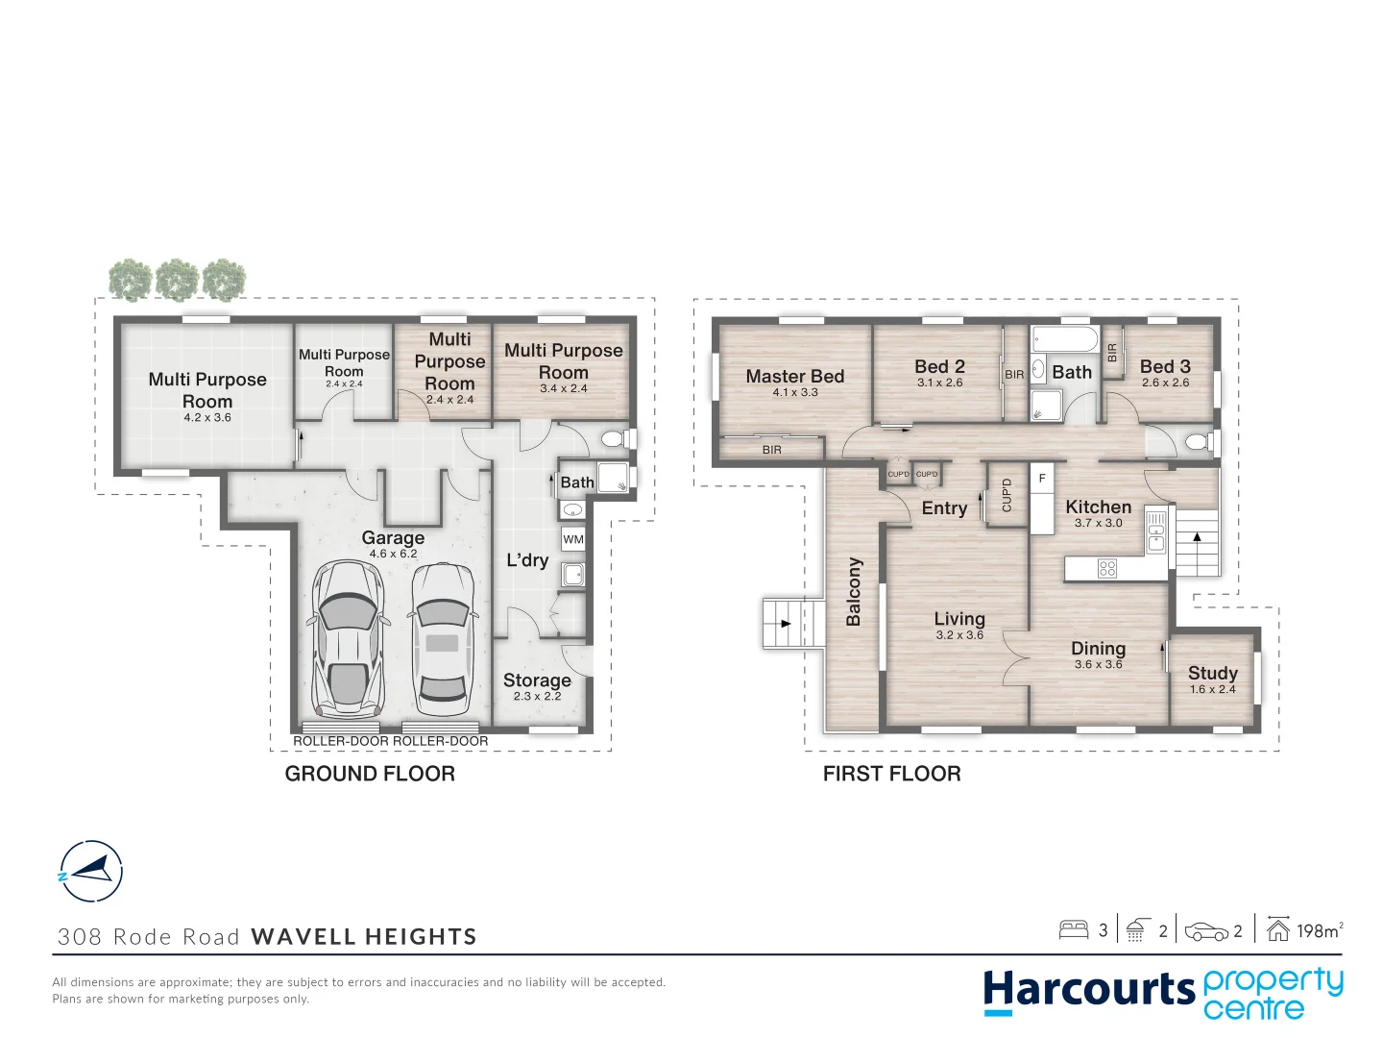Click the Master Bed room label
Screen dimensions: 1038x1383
(x=794, y=377)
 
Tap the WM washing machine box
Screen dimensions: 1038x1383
(x=573, y=539)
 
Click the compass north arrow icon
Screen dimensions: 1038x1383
(x=90, y=872)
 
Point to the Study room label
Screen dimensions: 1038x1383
(x=1212, y=674)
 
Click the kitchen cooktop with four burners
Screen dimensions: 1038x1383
(x=1106, y=569)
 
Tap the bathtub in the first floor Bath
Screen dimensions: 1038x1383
(x=1064, y=340)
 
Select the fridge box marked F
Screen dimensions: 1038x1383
(x=1042, y=479)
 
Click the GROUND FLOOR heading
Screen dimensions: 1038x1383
(x=370, y=774)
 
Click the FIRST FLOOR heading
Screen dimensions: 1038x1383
(x=891, y=774)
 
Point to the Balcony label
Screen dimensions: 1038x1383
(x=854, y=592)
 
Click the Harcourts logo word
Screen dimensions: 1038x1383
(x=1088, y=990)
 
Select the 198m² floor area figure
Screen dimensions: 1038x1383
(x=1318, y=930)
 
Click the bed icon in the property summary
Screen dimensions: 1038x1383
(x=1073, y=929)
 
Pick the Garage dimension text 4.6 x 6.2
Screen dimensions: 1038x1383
(x=393, y=554)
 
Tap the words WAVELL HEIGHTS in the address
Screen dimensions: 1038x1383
(x=364, y=937)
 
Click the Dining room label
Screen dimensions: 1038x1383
(x=1098, y=650)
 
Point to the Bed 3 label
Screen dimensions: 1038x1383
(x=1165, y=367)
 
